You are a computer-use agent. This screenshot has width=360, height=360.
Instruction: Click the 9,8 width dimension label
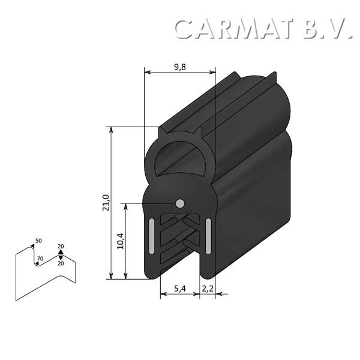[180, 67]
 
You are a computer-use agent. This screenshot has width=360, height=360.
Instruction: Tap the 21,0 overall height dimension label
[106, 202]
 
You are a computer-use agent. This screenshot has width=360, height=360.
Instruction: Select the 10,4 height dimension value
[121, 241]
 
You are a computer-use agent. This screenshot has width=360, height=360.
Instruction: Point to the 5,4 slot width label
[180, 289]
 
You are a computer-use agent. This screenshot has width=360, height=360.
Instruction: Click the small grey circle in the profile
[180, 203]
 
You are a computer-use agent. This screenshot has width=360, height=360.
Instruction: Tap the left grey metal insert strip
[151, 236]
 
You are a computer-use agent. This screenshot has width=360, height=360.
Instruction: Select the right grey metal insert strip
[208, 236]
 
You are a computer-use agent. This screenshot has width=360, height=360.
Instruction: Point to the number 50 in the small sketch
[38, 241]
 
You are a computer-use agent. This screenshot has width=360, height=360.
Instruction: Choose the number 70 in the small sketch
[40, 259]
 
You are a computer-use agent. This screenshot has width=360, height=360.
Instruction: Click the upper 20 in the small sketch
[61, 247]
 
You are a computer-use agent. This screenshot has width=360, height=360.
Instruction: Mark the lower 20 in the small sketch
[61, 263]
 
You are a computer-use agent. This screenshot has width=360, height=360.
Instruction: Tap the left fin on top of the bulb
[161, 128]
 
